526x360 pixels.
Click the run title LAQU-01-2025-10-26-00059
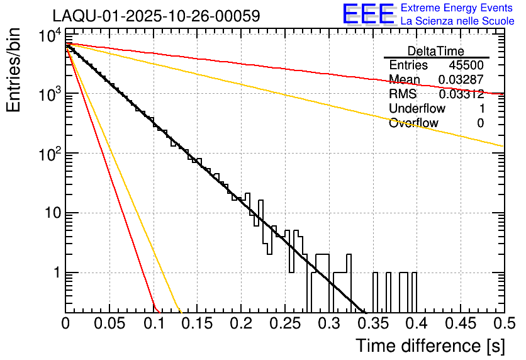(x=156, y=16)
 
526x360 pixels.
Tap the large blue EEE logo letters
(x=368, y=14)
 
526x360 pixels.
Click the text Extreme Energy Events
(x=457, y=8)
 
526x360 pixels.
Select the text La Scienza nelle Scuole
(x=457, y=21)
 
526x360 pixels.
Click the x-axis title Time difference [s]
(x=429, y=346)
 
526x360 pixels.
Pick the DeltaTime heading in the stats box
(x=436, y=51)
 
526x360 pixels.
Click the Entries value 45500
(x=466, y=65)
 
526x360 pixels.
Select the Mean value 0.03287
(x=461, y=80)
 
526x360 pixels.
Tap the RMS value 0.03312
(x=461, y=94)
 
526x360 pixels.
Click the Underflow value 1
(x=481, y=109)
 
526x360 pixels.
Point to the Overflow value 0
(x=481, y=123)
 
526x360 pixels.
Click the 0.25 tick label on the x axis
(x=284, y=323)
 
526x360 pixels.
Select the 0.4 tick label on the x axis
(x=416, y=323)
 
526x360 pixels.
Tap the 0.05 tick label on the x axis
(x=109, y=323)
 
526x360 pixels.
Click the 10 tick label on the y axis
(x=48, y=213)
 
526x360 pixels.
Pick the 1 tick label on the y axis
(x=54, y=273)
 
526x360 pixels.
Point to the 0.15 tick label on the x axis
(x=197, y=323)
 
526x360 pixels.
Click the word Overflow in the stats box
(x=413, y=123)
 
